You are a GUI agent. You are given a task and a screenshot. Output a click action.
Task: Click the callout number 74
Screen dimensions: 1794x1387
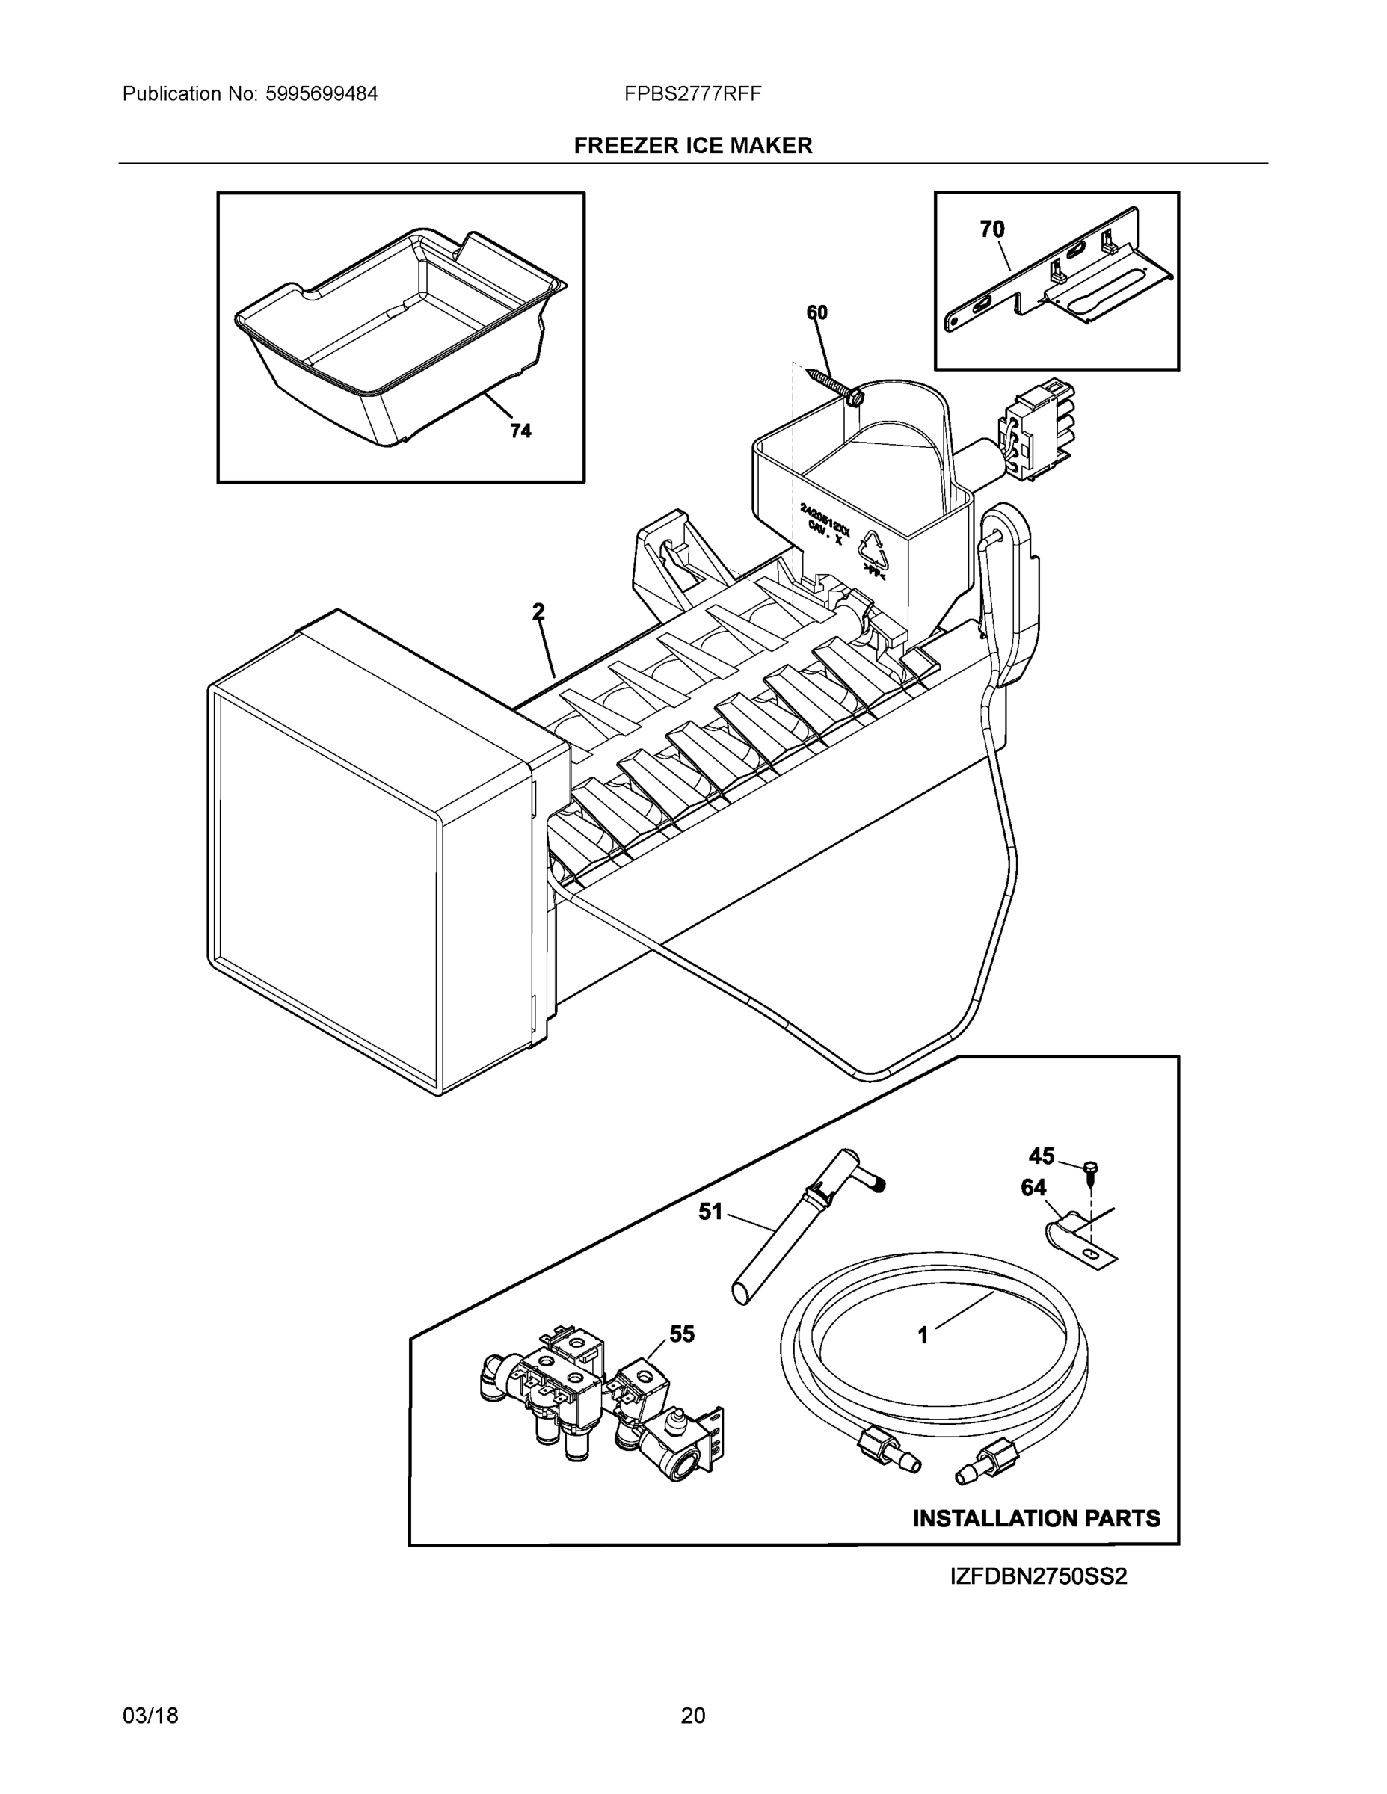(520, 431)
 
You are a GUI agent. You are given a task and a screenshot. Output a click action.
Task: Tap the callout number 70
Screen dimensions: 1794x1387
(991, 229)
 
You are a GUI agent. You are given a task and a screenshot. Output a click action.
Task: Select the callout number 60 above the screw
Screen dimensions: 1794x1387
(816, 312)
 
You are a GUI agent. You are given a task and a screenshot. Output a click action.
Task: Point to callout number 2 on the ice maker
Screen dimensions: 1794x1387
(538, 611)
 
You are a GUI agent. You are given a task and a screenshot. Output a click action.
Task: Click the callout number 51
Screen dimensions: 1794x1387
(710, 1211)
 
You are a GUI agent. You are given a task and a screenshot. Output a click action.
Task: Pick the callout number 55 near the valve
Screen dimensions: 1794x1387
(681, 1334)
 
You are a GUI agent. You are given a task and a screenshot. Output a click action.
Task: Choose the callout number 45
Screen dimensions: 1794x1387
(1041, 1156)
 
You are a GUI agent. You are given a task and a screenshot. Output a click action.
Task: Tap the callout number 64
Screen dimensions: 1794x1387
(1033, 1188)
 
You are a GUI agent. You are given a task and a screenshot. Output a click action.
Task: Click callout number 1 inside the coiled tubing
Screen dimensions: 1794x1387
(923, 1336)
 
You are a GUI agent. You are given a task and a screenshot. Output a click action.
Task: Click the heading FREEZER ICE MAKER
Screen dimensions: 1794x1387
(692, 146)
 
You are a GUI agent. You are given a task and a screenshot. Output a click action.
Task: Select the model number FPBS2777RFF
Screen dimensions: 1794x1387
(692, 93)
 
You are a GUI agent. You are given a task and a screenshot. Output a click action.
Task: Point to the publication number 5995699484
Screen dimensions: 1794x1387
(322, 93)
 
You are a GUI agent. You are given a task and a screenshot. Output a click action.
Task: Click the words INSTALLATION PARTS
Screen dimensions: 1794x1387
(1036, 1518)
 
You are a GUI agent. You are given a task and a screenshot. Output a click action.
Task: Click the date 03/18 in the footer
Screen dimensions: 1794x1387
(150, 1716)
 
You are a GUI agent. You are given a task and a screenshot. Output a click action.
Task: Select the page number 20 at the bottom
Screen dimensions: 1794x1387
(692, 1716)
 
